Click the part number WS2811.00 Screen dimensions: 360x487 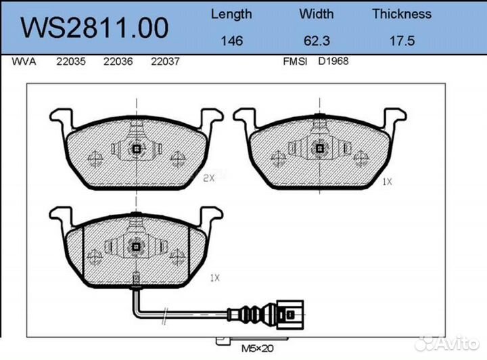click(95, 28)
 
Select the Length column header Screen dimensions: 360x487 click(231, 14)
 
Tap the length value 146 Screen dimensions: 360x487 click(231, 41)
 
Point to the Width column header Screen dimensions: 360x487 click(317, 14)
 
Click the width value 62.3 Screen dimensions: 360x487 click(317, 41)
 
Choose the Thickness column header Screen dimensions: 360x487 click(401, 14)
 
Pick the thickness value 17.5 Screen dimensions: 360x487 click(401, 41)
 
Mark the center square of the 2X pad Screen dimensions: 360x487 click(137, 150)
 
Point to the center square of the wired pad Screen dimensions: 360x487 click(137, 247)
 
